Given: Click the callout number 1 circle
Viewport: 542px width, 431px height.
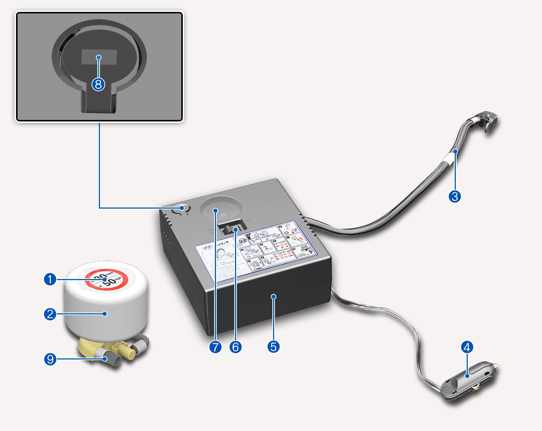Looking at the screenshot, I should point(50,279).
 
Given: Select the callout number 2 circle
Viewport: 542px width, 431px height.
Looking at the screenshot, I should point(50,314).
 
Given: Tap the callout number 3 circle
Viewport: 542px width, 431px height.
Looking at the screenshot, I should point(455,196).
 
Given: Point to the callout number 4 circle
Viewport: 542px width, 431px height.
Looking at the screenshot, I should point(467,347).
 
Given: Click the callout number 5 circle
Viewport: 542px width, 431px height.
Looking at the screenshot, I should point(273,347).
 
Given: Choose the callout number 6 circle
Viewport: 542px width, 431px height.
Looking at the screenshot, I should point(235,347).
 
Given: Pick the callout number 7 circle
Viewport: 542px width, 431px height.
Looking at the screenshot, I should point(216,347).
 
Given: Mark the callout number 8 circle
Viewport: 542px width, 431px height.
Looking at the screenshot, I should point(98,85).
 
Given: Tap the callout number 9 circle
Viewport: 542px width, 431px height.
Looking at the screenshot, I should point(50,359).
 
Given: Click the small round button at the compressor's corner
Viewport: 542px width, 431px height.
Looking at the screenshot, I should point(182,208).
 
